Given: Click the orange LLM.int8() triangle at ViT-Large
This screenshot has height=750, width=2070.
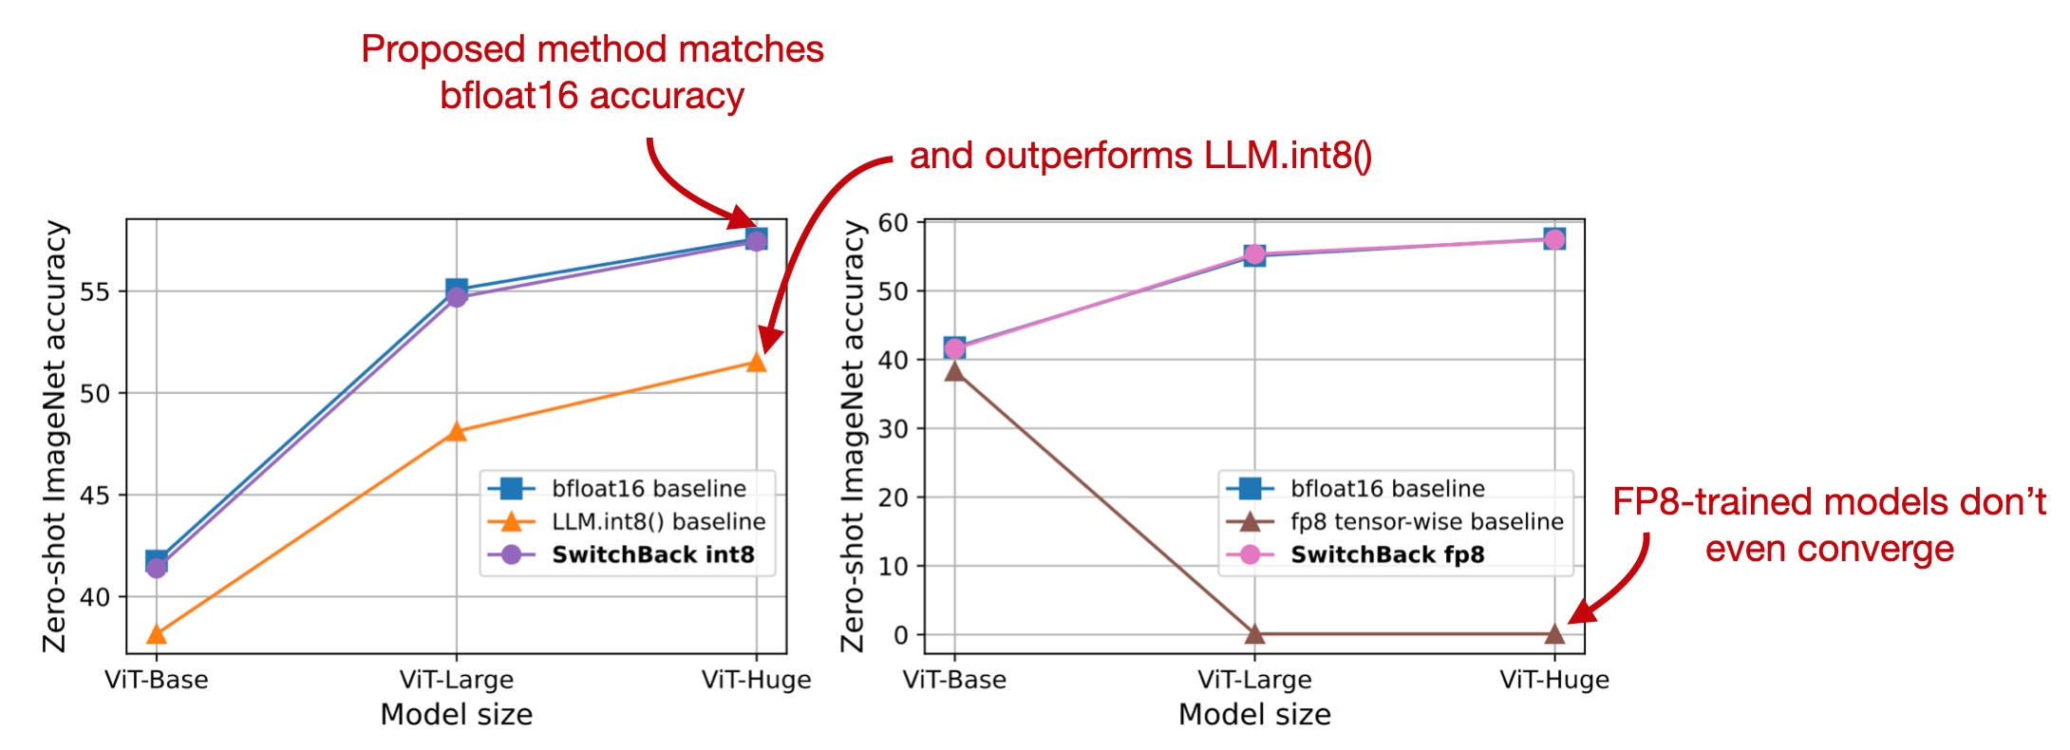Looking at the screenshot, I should coord(457,432).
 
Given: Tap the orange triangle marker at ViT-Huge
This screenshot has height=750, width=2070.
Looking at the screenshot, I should coord(756,363).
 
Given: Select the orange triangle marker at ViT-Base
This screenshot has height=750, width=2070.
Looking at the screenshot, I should coord(157,634).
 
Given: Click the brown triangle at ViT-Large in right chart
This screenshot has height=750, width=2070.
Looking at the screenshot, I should coord(1254,633).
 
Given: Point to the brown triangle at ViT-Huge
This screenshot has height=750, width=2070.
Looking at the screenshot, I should coord(1554,633).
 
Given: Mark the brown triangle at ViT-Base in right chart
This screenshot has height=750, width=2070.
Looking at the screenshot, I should coord(954,371).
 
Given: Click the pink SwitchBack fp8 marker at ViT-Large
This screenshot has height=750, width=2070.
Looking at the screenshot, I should coord(1254,254).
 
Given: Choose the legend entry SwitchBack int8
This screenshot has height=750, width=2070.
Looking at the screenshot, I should coord(652,554).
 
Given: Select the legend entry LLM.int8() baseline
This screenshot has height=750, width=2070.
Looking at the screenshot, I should coord(658,521).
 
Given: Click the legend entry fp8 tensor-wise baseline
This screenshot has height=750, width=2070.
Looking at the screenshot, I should coord(1426,521).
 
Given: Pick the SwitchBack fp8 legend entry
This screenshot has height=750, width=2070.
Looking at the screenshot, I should coord(1386,554).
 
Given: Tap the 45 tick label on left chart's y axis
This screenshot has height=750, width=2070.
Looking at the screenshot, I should coord(95,496).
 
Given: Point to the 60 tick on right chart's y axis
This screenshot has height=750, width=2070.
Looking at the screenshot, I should coord(894,223).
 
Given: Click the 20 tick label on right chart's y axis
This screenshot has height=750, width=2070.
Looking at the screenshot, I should coord(894,497).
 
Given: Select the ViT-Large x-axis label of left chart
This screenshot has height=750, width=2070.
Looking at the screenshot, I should coord(457,680).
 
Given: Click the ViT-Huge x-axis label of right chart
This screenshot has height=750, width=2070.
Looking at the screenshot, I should coord(1554,680).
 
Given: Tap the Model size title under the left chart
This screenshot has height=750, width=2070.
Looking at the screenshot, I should coord(457,714).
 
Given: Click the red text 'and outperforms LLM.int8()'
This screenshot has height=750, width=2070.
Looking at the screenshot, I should coord(1139,156).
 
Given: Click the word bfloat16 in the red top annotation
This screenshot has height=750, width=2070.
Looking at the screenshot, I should coord(508,96).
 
